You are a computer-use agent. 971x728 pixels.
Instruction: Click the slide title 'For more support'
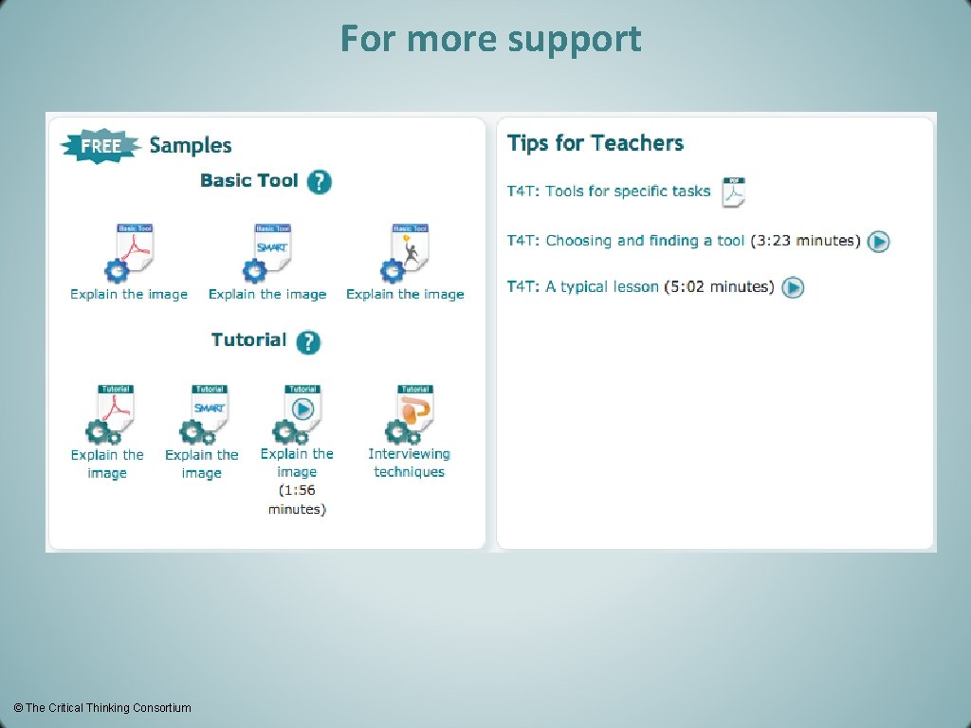click(x=490, y=39)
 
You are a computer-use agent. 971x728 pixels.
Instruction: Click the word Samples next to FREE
click(x=191, y=145)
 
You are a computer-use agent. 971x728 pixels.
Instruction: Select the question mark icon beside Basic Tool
click(x=320, y=181)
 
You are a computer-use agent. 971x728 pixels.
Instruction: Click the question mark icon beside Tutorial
click(x=308, y=341)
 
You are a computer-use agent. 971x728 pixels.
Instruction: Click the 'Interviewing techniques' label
click(x=409, y=463)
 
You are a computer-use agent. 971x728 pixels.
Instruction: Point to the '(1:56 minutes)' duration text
click(x=297, y=500)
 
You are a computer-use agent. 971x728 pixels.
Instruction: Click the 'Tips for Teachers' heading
click(x=595, y=143)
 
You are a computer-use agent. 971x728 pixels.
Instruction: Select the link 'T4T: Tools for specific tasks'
click(x=609, y=191)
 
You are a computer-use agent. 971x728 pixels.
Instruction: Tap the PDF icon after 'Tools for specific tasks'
click(x=734, y=191)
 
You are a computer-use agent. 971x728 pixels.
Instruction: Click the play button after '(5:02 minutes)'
click(x=794, y=287)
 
